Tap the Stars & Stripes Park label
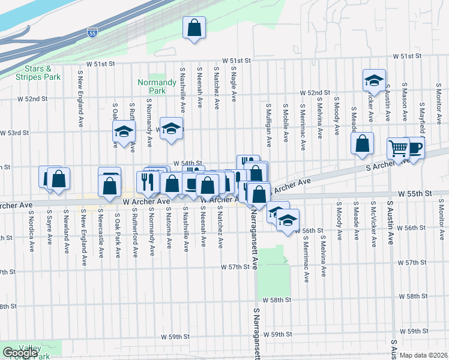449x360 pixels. point(43,73)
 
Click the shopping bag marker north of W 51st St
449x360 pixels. point(194,28)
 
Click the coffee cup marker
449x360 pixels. point(414,148)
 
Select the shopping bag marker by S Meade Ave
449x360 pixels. point(362,144)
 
